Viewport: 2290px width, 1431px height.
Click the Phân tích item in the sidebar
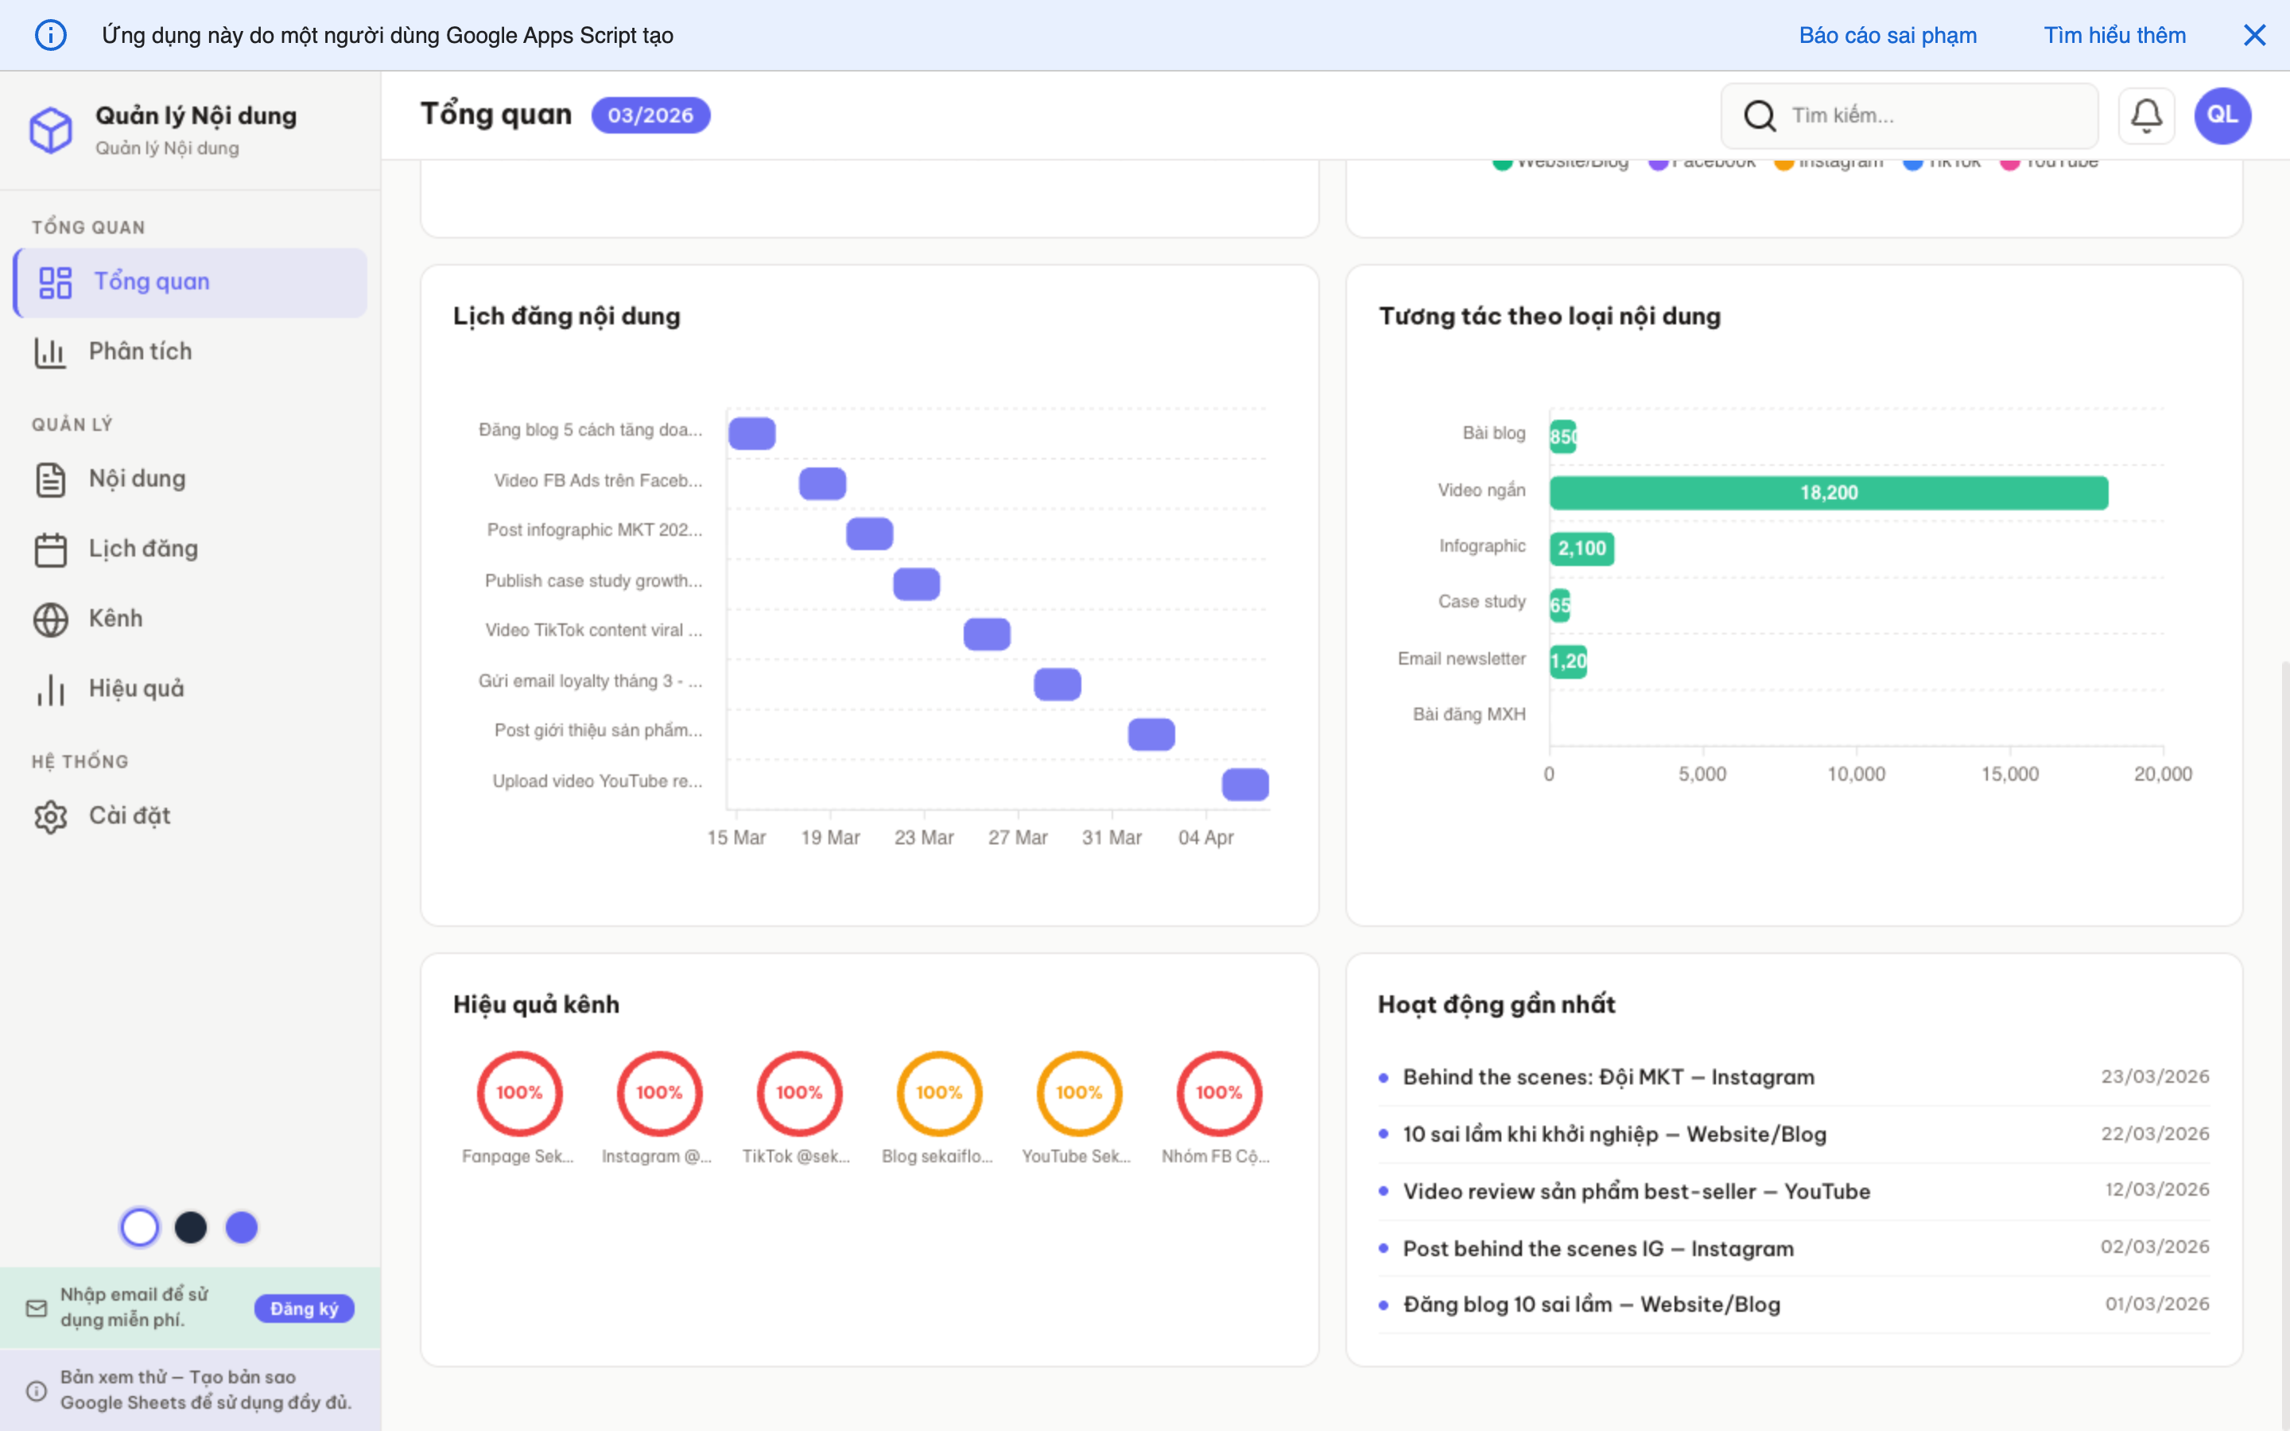click(140, 352)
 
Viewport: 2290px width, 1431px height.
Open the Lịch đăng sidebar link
click(143, 549)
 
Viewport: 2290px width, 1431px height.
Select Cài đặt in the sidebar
click(129, 816)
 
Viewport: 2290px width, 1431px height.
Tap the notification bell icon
click(2145, 115)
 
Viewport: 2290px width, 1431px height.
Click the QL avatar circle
click(2222, 115)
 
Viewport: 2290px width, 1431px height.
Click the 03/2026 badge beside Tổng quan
click(650, 115)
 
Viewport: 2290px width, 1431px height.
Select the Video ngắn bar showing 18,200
click(1828, 493)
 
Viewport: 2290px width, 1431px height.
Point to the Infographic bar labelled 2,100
click(1582, 549)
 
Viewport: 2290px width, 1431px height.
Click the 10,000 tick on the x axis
click(1856, 774)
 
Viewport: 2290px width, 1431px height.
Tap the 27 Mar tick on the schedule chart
click(1017, 838)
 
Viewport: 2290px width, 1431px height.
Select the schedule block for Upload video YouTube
click(1245, 785)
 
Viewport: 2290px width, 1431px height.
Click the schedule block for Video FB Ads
click(822, 483)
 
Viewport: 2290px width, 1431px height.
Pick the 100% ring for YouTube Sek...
click(1079, 1093)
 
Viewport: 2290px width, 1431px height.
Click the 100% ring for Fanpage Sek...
click(519, 1093)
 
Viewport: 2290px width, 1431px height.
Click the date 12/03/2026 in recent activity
click(2156, 1189)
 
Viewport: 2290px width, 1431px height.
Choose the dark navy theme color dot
click(191, 1227)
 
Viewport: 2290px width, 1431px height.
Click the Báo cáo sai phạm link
click(1887, 36)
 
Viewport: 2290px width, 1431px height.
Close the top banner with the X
click(2254, 36)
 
